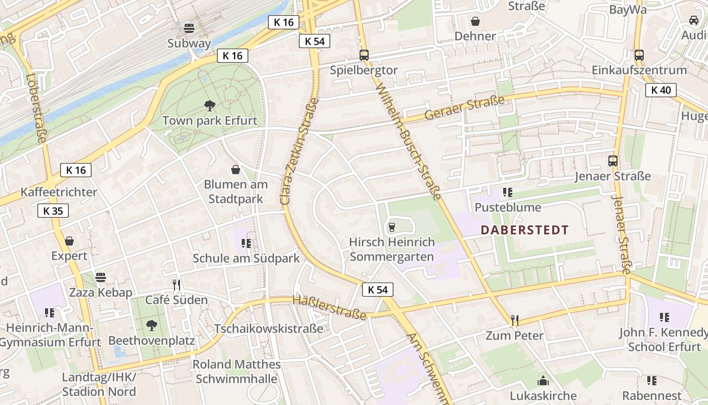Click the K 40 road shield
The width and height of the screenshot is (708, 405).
661,91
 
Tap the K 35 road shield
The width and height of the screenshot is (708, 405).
53,211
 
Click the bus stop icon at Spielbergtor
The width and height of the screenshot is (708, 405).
364,55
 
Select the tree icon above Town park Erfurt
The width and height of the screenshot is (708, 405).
209,106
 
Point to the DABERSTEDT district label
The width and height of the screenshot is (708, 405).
524,230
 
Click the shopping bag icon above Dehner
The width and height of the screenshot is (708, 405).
475,21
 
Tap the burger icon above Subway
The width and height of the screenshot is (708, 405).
189,28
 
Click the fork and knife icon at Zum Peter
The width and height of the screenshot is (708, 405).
515,320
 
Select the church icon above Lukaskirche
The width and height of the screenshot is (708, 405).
543,381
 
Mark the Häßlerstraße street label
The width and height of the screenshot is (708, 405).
329,308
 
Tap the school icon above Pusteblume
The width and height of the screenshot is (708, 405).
508,192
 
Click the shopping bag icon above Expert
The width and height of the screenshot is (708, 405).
69,241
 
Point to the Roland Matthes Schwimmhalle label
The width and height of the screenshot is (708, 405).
237,372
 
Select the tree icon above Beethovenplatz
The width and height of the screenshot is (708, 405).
151,326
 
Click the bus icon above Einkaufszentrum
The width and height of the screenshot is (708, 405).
639,55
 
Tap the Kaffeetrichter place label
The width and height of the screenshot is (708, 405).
59,192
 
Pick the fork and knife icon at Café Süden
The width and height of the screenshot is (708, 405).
176,285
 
